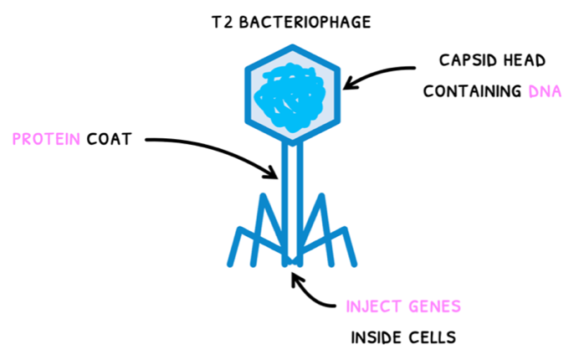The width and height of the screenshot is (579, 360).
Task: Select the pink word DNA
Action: pyautogui.click(x=544, y=90)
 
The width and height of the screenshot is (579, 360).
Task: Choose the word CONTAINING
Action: pyautogui.click(x=471, y=90)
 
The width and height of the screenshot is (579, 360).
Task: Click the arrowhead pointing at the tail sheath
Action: pyautogui.click(x=273, y=173)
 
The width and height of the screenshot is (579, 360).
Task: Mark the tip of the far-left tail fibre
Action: pyautogui.click(x=231, y=265)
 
